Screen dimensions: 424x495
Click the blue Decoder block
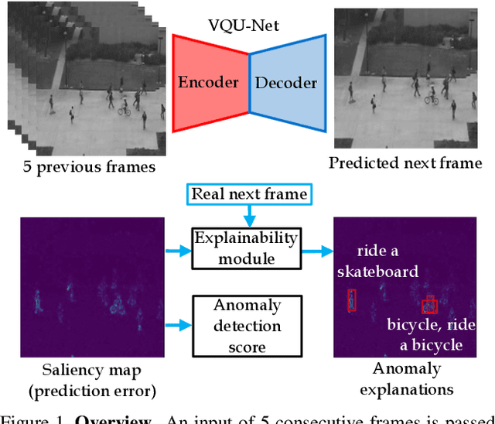pos(287,83)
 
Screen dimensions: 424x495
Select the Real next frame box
pos(249,194)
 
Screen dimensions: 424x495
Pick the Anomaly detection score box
pos(237,316)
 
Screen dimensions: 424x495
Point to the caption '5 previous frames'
pos(90,166)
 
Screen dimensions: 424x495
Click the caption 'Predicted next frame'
pos(405,162)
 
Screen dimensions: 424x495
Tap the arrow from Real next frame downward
pos(249,216)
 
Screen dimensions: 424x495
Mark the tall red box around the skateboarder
pos(352,300)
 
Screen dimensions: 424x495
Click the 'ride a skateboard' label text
pos(387,262)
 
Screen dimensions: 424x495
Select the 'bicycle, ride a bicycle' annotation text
pos(425,333)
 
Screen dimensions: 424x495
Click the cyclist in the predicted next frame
pos(432,96)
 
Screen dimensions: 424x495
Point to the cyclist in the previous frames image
pos(124,108)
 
